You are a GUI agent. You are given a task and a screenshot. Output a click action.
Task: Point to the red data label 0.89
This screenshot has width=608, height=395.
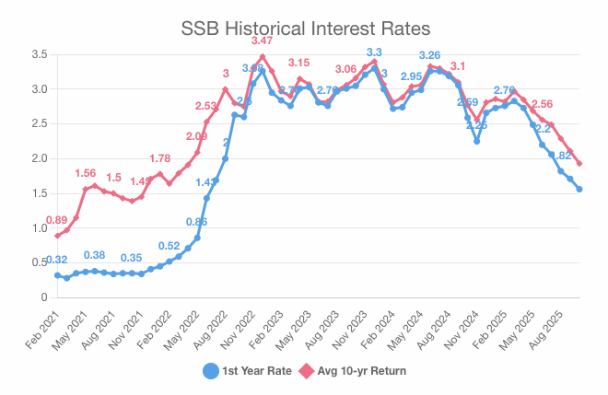[56, 221]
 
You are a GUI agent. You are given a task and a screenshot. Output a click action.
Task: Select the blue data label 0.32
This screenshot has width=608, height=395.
[56, 261]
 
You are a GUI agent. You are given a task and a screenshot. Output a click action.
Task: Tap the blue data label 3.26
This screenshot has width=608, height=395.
[430, 55]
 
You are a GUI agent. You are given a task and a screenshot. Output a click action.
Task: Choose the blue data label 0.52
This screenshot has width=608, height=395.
[169, 246]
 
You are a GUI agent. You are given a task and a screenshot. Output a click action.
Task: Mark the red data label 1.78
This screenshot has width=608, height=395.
[159, 158]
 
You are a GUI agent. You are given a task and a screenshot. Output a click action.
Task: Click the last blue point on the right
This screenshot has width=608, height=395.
[579, 190]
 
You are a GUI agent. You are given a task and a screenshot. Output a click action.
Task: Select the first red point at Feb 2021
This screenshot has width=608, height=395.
[57, 236]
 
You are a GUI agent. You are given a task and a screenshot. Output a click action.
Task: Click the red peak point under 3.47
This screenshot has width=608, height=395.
[263, 56]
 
